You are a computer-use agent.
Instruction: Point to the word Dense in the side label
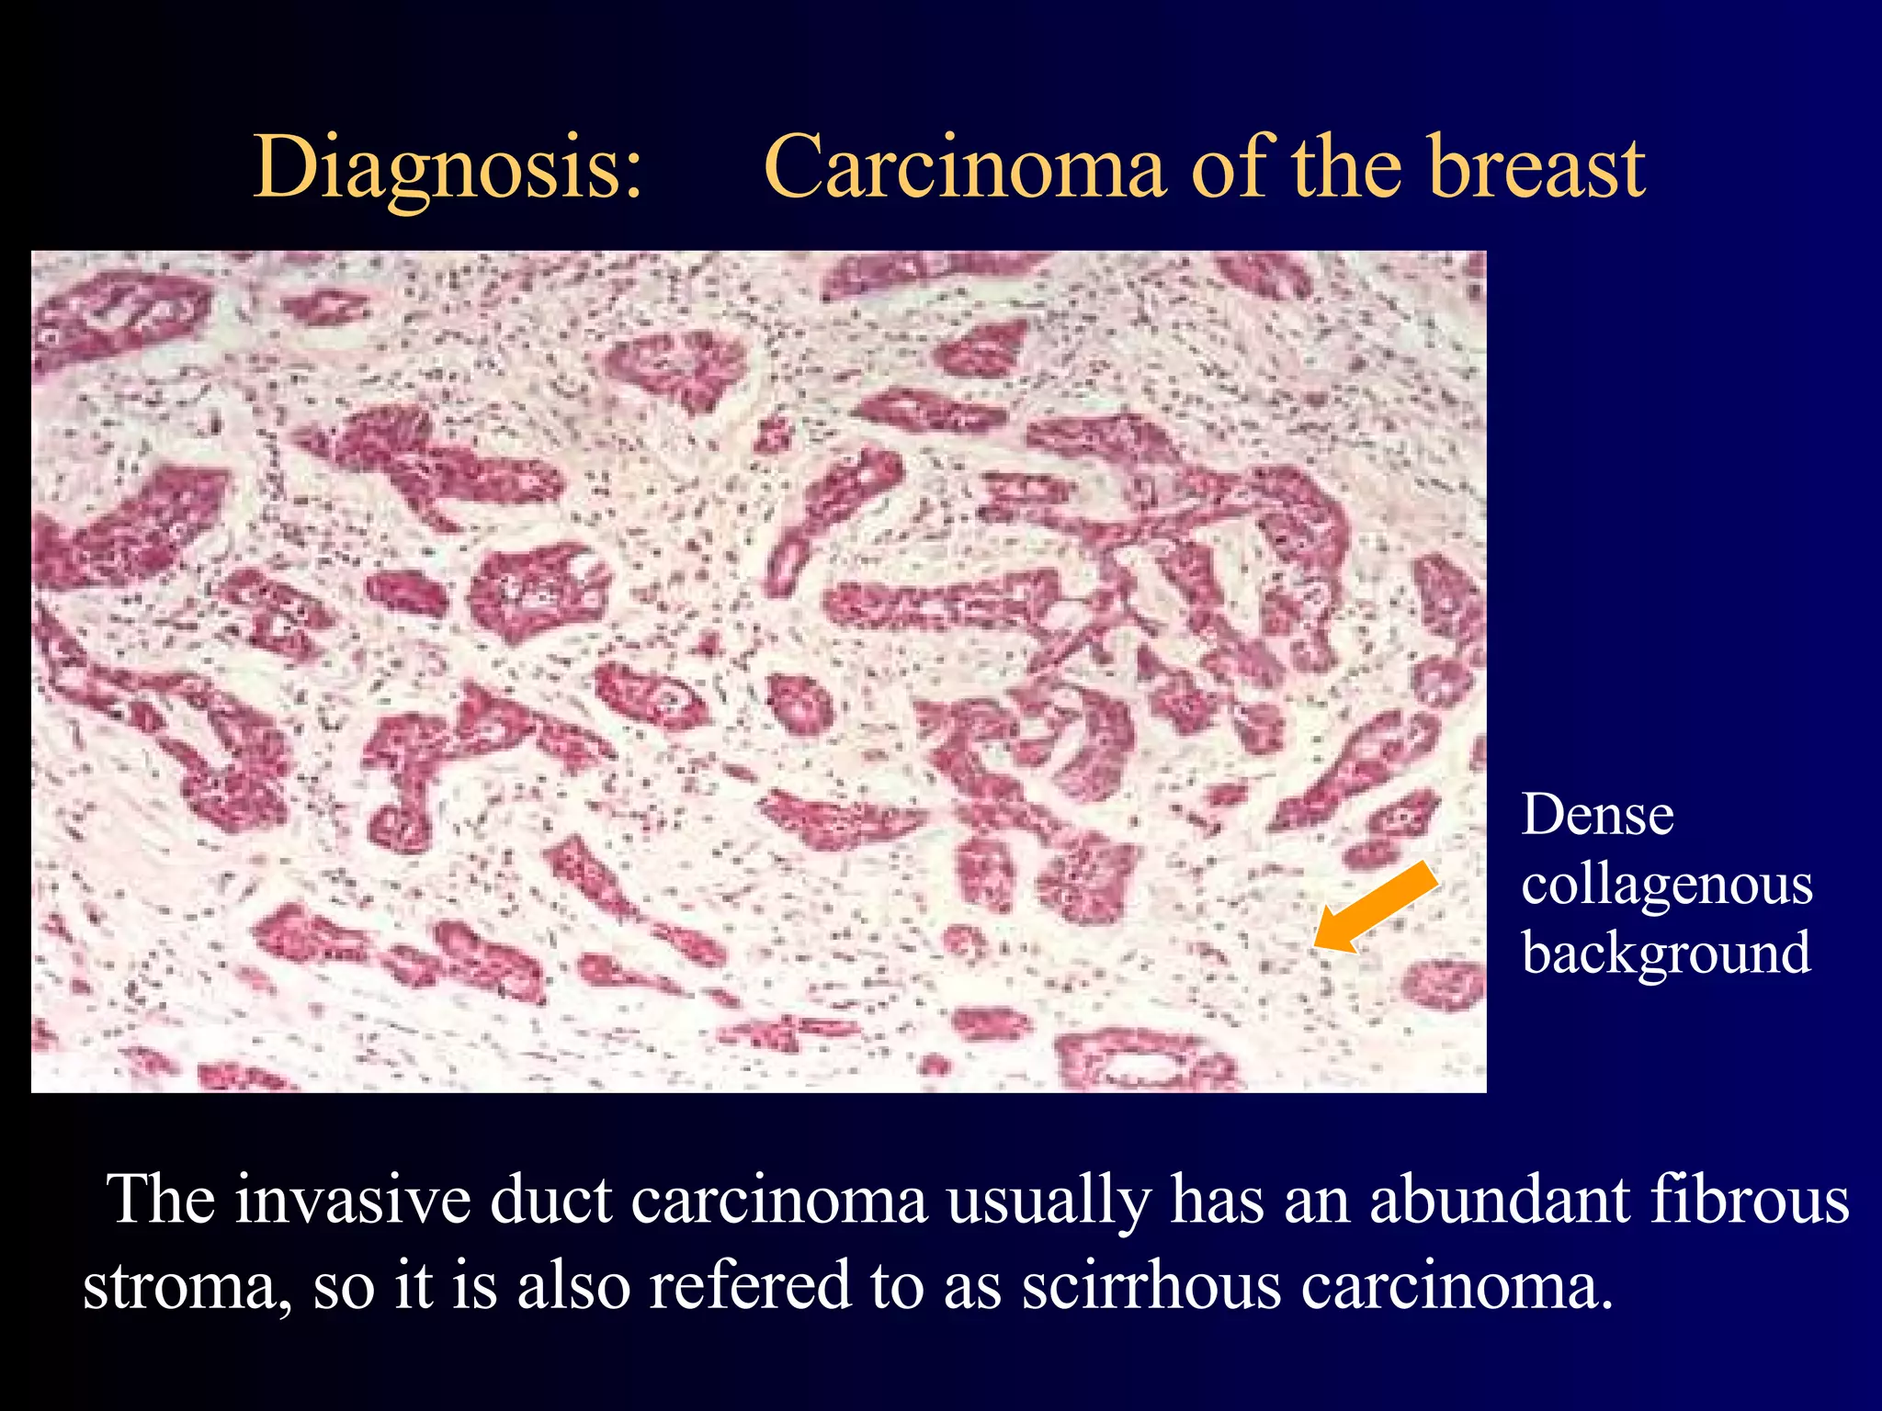click(x=1597, y=816)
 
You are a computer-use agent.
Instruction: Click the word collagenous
click(x=1666, y=887)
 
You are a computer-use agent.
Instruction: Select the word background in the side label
click(x=1665, y=954)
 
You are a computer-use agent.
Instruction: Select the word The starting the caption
click(x=163, y=1200)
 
